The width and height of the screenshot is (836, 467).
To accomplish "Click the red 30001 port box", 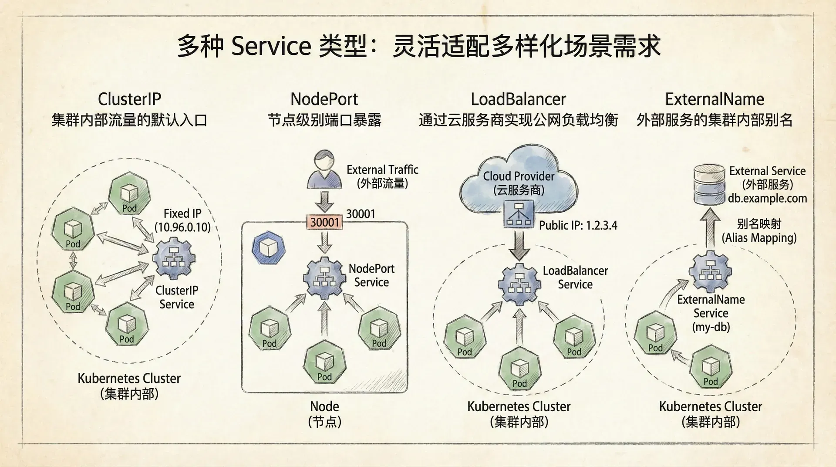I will (324, 222).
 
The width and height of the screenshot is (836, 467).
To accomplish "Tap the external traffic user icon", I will (324, 169).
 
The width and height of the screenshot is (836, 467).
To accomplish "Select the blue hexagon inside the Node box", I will (266, 249).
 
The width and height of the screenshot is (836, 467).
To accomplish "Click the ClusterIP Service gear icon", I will (174, 258).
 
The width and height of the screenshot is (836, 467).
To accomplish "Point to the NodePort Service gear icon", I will (324, 279).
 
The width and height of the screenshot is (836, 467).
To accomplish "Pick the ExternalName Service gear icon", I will (710, 272).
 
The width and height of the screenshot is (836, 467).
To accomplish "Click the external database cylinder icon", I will (709, 183).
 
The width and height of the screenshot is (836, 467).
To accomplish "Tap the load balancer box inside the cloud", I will (518, 214).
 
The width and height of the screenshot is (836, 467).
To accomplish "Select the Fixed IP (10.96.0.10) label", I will (182, 220).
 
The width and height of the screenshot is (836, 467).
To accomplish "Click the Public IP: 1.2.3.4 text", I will (578, 225).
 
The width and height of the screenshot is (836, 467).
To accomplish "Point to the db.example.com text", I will (767, 199).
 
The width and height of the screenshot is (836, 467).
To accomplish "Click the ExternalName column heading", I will (715, 99).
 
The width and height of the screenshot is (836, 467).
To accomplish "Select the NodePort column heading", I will (324, 99).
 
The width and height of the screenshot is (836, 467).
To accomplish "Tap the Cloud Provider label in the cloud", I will (519, 176).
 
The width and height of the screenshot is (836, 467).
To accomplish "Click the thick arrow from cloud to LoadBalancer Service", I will (519, 245).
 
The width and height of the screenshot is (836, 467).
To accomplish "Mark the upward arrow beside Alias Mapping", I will (710, 227).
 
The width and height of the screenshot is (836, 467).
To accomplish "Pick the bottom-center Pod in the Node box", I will (324, 364).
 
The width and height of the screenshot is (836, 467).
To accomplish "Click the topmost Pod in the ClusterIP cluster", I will (129, 195).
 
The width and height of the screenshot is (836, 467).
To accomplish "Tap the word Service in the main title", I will (270, 46).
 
